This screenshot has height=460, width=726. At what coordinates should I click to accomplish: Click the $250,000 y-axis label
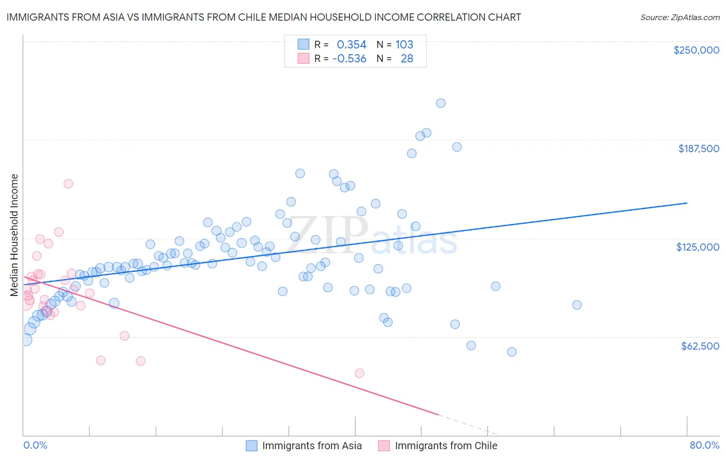point(696,50)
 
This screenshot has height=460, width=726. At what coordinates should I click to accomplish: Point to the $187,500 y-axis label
point(699,149)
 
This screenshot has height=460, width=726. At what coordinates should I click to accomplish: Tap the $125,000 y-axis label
point(698,247)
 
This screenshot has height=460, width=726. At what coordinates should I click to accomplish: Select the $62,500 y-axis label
point(700,346)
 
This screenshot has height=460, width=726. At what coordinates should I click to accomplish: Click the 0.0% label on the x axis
point(35,445)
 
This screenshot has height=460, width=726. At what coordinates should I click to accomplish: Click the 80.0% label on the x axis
point(704,445)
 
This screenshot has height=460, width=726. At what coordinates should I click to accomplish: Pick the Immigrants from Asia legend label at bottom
point(312,446)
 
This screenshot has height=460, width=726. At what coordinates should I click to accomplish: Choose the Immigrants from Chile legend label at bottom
point(446,446)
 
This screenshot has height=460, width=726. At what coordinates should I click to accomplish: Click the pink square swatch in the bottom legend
point(384,446)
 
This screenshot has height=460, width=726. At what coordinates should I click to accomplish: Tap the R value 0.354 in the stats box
point(352,45)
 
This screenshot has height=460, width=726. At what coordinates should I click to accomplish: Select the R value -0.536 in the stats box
point(350,59)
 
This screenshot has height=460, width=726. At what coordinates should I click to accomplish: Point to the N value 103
point(404,45)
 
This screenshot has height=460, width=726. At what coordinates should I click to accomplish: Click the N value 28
point(407,59)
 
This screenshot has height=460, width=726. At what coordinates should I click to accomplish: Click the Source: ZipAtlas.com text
point(680,17)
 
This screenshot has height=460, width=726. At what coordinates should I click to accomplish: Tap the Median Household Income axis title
point(14,235)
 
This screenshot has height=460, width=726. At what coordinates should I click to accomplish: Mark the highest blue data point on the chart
point(440,103)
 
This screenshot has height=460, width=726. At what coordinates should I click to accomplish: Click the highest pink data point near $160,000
point(68,184)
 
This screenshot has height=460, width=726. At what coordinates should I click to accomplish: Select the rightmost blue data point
point(577,305)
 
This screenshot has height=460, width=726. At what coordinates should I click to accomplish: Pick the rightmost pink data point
point(359,373)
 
